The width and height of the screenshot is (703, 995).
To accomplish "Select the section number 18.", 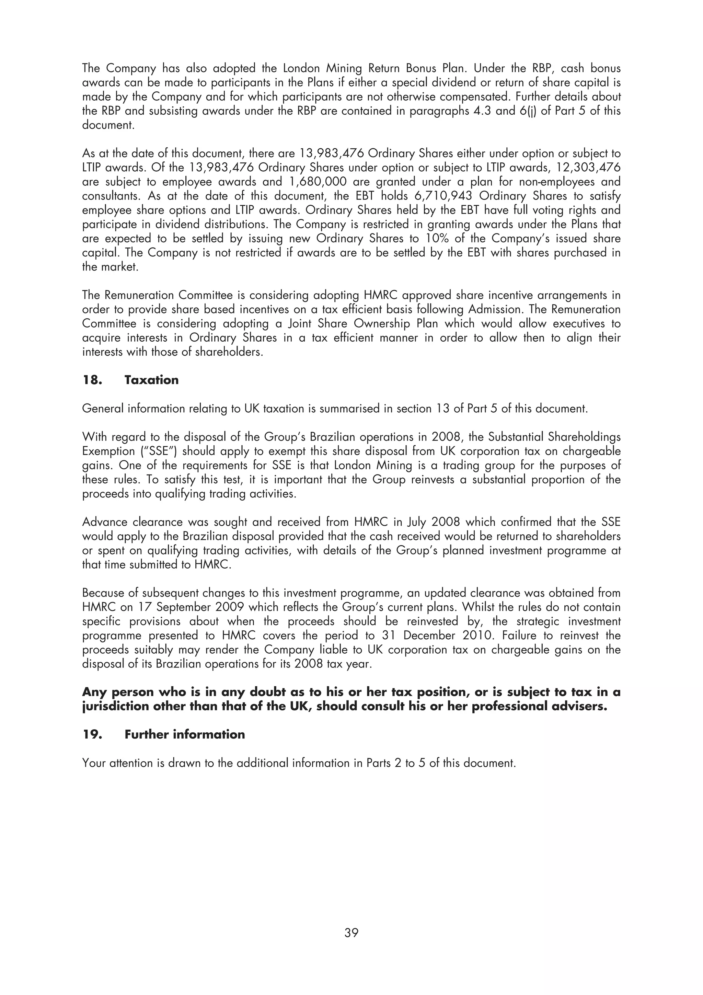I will [x=92, y=380].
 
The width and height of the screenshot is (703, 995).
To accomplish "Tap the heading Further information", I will [x=185, y=734].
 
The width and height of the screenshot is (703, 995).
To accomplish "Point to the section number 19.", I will [x=92, y=734].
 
